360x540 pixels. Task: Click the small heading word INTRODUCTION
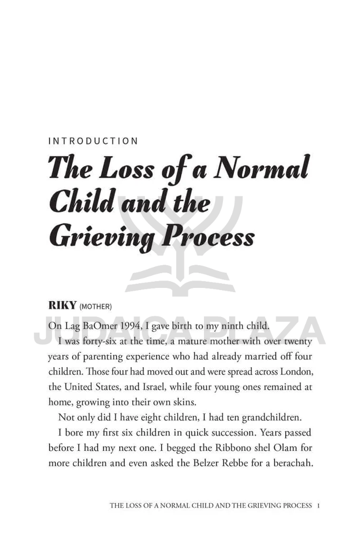tap(93, 141)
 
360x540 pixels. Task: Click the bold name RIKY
tap(62, 306)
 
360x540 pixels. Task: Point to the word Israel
tap(189, 387)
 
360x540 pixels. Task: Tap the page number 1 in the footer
tap(319, 505)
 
